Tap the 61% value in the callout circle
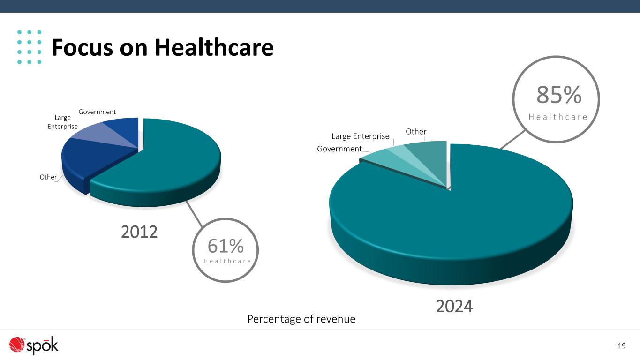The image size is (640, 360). [x=226, y=246]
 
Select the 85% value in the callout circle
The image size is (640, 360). [x=559, y=96]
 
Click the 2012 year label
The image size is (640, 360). [x=139, y=232]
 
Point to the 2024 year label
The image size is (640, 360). [x=454, y=306]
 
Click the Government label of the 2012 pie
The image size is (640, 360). [x=97, y=112]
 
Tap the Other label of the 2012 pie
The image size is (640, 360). [x=48, y=177]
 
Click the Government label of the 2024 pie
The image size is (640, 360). [x=339, y=149]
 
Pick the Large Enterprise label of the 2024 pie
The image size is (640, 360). [x=361, y=136]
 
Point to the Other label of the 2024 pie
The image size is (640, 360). [x=416, y=132]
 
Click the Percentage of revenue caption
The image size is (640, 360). [x=301, y=319]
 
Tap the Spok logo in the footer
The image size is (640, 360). [x=34, y=346]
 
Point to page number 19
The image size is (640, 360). [x=622, y=346]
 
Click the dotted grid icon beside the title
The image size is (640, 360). [x=30, y=47]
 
